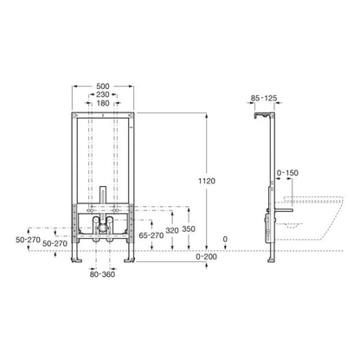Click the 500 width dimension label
(x=103, y=86)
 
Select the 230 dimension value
(x=103, y=94)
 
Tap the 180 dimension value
(x=103, y=103)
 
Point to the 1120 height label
(x=207, y=181)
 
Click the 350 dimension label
(x=189, y=229)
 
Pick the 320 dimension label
(x=172, y=230)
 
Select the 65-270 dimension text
(x=151, y=235)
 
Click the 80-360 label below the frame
(x=102, y=274)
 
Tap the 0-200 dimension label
(x=206, y=256)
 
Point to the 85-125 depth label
(x=264, y=99)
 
